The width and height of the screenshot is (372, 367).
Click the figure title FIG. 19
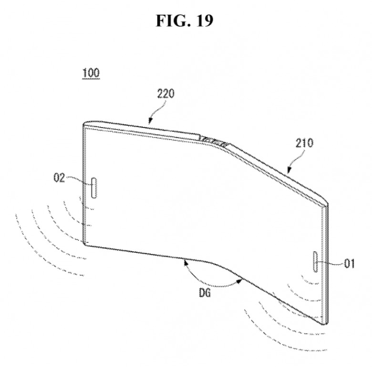185,21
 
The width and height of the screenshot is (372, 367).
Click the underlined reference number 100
91,73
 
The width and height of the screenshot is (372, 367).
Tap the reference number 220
166,93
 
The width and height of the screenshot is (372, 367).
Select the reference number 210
304,143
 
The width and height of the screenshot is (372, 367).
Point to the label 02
59,178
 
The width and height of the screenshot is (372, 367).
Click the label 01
349,263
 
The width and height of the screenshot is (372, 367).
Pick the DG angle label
205,293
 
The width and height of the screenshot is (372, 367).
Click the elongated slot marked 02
94,188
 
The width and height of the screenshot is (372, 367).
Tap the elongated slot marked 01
316,261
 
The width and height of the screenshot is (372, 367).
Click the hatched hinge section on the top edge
214,140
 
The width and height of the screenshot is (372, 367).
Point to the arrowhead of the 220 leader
150,121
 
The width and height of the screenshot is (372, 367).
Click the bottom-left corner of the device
85,245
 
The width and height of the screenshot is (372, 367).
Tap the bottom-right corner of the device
325,324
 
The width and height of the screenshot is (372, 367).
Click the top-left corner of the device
84,124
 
